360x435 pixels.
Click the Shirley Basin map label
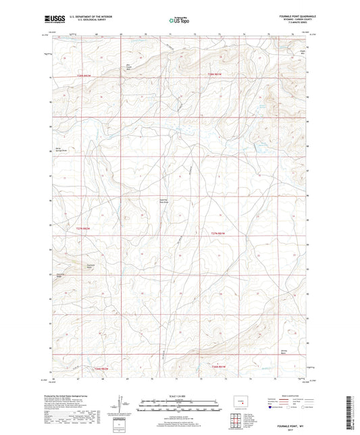pos(284,351)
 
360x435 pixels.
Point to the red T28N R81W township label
pos(215,74)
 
